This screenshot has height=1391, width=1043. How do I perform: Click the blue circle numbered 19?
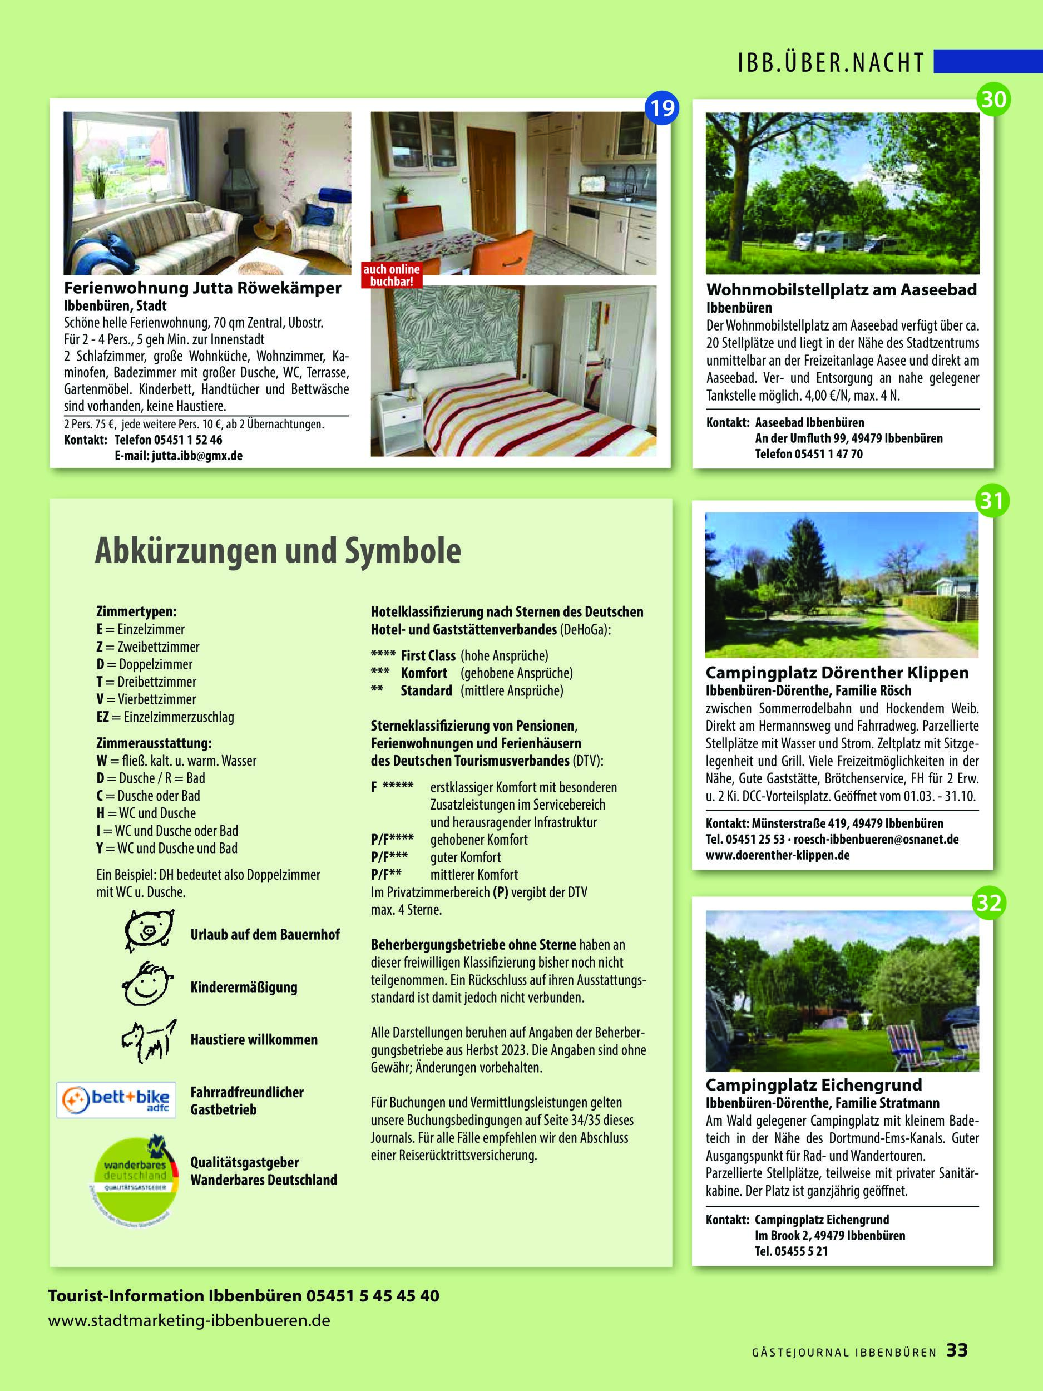(x=661, y=108)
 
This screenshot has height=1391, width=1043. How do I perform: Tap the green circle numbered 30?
(x=993, y=98)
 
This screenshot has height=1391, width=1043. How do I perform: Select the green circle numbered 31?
(x=991, y=501)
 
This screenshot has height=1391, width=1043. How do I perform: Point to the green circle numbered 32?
(x=989, y=903)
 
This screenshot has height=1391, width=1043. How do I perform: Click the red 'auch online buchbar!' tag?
(x=391, y=275)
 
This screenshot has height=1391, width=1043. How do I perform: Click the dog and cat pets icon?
(x=148, y=1039)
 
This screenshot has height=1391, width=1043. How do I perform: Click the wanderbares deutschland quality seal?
(x=134, y=1178)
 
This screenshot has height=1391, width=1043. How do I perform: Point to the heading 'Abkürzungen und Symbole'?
(x=278, y=551)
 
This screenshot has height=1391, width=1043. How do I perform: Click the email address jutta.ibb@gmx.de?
(x=197, y=455)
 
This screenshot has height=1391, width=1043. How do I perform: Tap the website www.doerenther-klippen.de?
(x=777, y=855)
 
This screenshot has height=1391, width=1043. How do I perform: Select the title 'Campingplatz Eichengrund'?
(x=813, y=1085)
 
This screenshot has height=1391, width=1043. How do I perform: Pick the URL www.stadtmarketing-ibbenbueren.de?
(x=189, y=1320)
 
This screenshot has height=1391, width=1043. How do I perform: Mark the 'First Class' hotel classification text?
(x=428, y=655)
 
